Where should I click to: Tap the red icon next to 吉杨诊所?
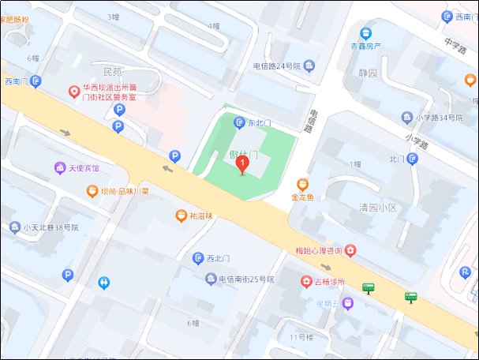306,281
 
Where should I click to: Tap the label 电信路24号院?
277,66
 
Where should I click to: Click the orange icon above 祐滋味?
181,215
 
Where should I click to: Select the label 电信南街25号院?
246,279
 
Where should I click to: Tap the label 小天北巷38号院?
55,227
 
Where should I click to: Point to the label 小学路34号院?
443,118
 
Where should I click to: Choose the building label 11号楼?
301,337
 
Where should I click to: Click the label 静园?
369,73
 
